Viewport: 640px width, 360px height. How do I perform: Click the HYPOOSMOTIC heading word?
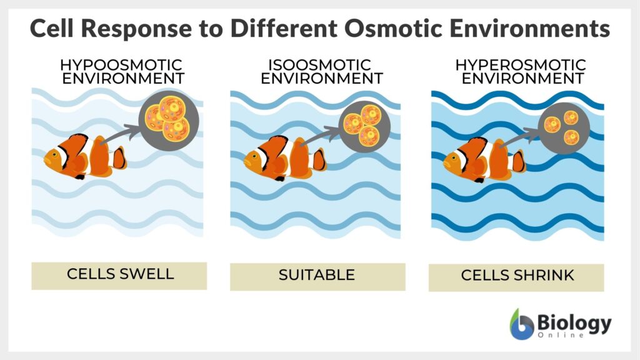pyautogui.click(x=121, y=65)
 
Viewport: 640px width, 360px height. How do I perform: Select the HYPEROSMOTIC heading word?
pyautogui.click(x=521, y=65)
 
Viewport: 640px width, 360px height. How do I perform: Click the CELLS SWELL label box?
pyautogui.click(x=119, y=276)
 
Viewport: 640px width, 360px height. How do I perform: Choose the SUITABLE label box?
pyautogui.click(x=317, y=276)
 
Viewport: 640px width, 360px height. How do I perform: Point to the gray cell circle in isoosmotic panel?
pyautogui.click(x=363, y=125)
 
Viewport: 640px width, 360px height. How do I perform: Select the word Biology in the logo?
pyautogui.click(x=574, y=322)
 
